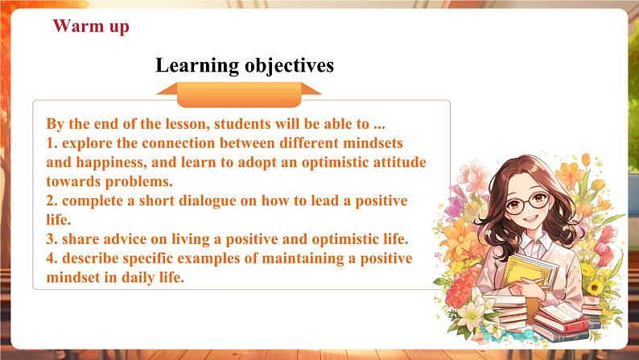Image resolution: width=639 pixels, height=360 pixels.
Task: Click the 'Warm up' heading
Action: (x=91, y=27)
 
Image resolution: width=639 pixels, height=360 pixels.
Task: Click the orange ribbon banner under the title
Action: (x=239, y=94)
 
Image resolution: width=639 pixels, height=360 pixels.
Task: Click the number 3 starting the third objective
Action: (x=51, y=239)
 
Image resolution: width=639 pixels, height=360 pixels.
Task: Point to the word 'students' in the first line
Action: (x=242, y=123)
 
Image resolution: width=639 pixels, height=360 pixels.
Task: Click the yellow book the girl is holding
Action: (x=530, y=272)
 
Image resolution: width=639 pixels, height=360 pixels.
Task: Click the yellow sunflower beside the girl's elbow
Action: (x=595, y=288)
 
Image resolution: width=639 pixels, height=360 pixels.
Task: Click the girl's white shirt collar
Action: (x=532, y=240)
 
